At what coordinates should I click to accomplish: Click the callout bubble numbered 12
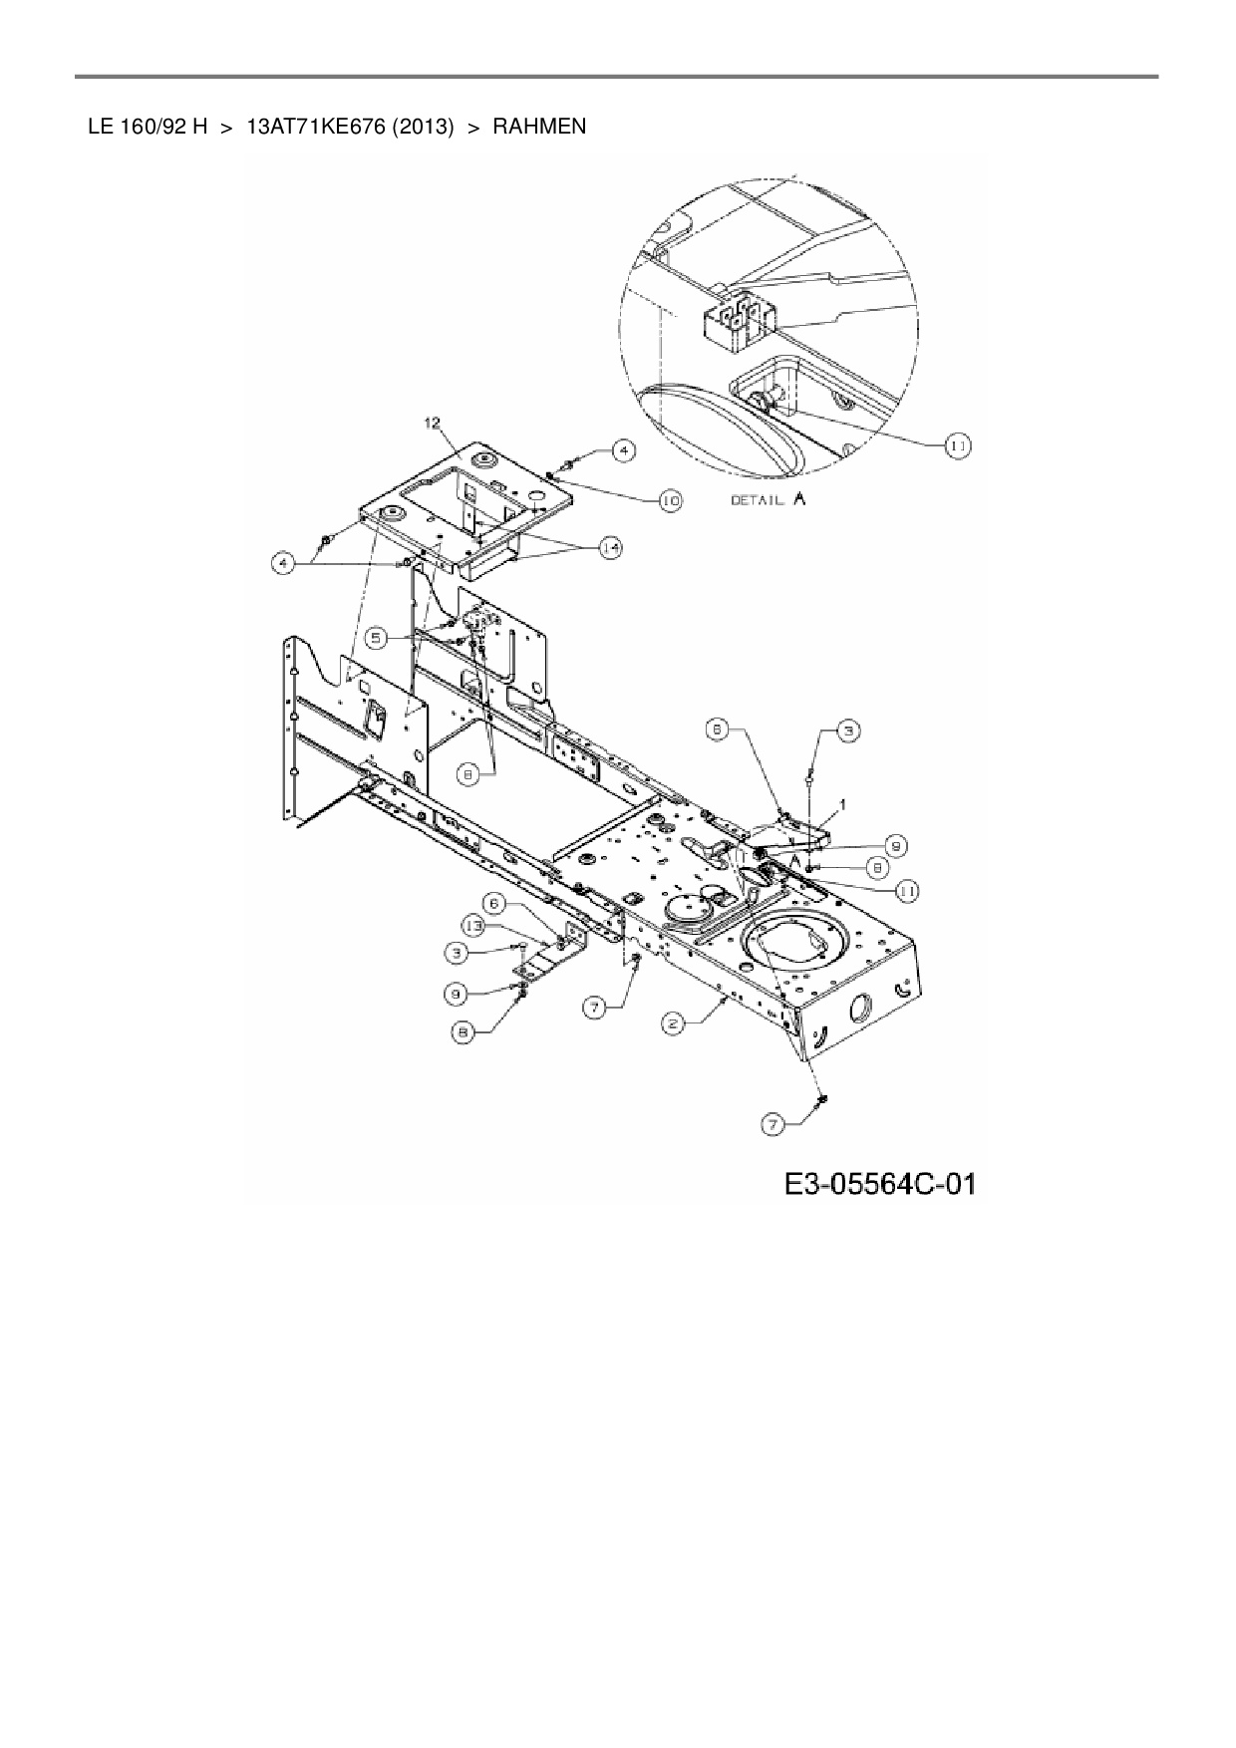432,423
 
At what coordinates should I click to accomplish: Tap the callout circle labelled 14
609,546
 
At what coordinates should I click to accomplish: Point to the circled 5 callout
375,636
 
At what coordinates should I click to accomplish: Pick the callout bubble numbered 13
478,927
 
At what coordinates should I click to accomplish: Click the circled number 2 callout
674,1023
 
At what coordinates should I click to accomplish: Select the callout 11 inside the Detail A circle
957,446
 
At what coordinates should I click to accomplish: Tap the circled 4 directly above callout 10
622,450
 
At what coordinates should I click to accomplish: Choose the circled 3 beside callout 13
456,953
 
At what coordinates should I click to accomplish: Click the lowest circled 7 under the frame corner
772,1125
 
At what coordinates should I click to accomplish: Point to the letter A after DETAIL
798,499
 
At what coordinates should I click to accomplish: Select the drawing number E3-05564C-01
879,1184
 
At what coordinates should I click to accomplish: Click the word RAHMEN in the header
539,127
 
